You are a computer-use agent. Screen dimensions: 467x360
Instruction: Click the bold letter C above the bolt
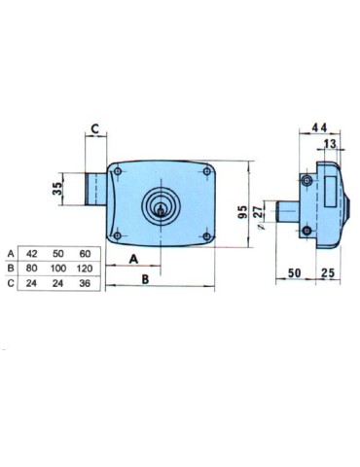click(x=95, y=128)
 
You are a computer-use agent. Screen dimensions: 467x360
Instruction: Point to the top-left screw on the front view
click(x=119, y=171)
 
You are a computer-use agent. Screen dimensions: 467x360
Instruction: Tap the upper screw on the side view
click(x=308, y=181)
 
